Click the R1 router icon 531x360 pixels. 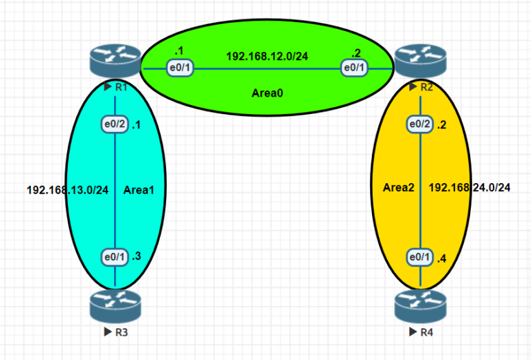(115, 61)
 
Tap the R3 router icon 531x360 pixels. (115, 306)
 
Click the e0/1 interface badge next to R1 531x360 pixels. (180, 68)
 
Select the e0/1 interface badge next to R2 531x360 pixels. (355, 68)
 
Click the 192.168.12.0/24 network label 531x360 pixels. (267, 56)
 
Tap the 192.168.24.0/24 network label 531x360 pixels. (470, 187)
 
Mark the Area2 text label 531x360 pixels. (398, 187)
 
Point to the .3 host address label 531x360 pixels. (136, 257)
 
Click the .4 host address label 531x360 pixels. (442, 258)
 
